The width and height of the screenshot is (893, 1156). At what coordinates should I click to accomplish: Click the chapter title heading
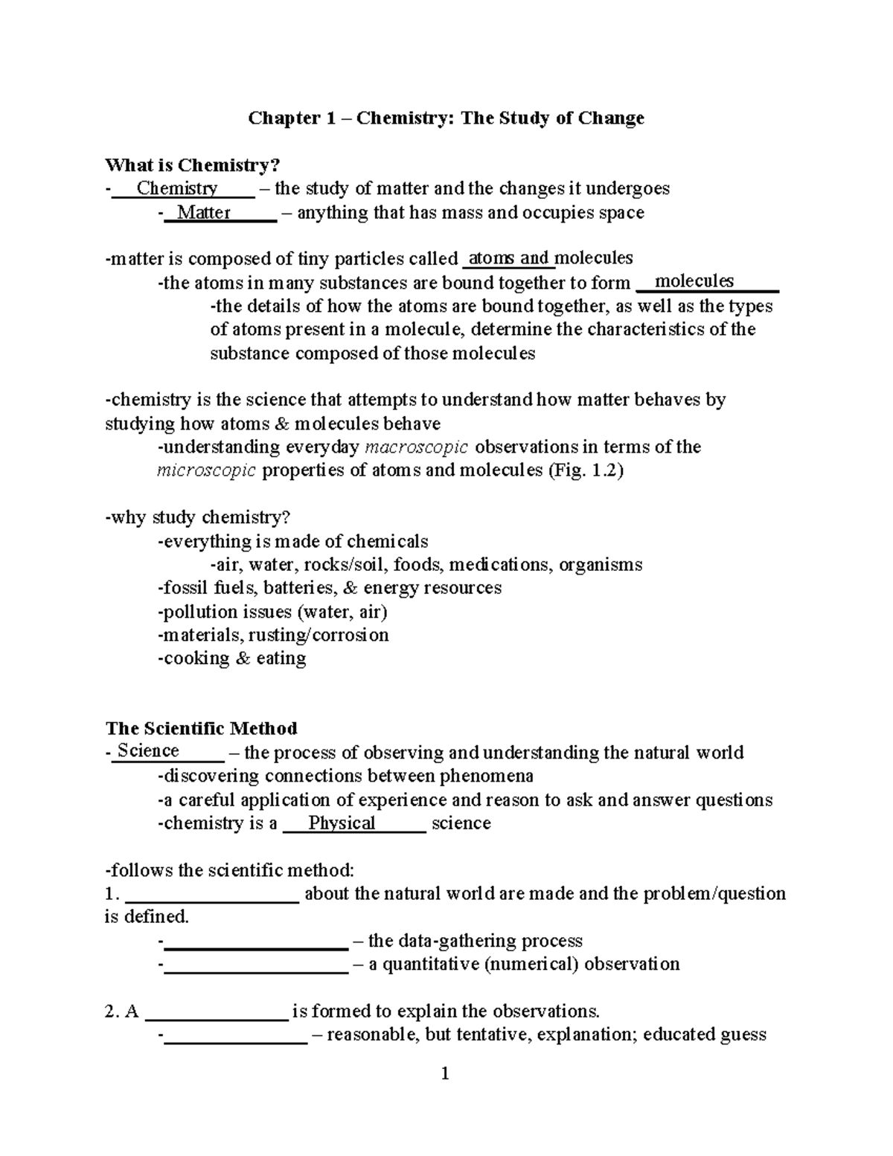[x=446, y=118]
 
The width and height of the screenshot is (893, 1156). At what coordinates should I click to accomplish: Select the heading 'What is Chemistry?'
[x=194, y=165]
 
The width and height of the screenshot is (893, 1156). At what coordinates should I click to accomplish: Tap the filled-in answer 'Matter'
[x=204, y=213]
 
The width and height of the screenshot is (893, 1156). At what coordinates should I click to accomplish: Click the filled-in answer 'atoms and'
[x=510, y=258]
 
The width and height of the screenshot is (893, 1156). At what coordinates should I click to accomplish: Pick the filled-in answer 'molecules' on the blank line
[x=694, y=281]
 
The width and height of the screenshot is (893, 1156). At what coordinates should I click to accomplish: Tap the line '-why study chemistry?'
[x=197, y=517]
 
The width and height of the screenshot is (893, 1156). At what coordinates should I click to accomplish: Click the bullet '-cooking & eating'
[x=232, y=659]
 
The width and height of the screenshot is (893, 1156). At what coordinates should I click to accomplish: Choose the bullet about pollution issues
[x=272, y=612]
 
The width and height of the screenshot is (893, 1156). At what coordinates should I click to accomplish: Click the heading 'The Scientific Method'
[x=202, y=728]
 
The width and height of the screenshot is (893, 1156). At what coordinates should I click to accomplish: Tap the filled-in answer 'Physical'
[x=342, y=823]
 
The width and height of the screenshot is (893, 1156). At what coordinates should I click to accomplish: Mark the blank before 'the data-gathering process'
[x=256, y=942]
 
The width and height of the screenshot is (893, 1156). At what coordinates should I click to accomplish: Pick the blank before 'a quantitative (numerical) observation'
[x=256, y=965]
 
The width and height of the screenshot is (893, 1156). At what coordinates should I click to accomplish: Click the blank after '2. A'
[x=217, y=1012]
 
